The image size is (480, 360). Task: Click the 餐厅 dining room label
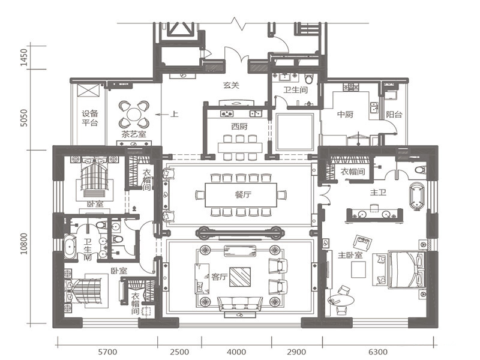244,194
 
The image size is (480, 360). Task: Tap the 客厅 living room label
220,277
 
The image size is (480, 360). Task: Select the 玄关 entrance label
231,85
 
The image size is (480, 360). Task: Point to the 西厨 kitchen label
239,127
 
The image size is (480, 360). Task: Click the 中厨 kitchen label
346,115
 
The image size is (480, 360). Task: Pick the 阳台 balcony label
394,115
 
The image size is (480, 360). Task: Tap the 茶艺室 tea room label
134,134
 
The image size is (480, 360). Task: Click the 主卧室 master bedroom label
350,255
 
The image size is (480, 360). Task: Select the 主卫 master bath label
378,192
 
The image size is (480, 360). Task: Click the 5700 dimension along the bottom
107,352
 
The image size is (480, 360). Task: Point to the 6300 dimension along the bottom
378,352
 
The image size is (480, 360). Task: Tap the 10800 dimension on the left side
24,244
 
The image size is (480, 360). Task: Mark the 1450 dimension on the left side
24,57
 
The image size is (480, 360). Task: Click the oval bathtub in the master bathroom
416,197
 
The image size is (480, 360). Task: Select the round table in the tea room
134,115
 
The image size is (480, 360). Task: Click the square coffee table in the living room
241,277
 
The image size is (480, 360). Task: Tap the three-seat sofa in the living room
240,304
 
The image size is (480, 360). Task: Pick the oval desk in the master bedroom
341,301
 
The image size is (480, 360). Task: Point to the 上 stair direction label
174,115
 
